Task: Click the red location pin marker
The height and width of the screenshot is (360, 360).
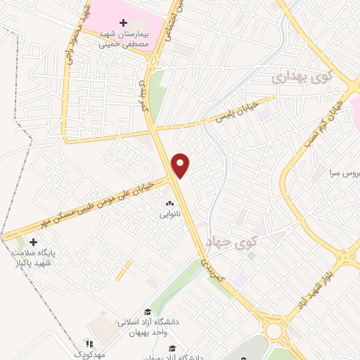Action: pyautogui.click(x=181, y=165)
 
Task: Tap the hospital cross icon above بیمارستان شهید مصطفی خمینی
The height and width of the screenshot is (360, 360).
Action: pyautogui.click(x=124, y=23)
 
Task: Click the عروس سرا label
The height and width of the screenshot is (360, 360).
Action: pyautogui.click(x=345, y=172)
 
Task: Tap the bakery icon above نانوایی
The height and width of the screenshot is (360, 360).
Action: pyautogui.click(x=169, y=202)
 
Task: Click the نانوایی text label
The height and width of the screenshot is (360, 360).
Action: pyautogui.click(x=169, y=212)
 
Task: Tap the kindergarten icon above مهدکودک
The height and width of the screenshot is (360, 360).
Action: pyautogui.click(x=89, y=343)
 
